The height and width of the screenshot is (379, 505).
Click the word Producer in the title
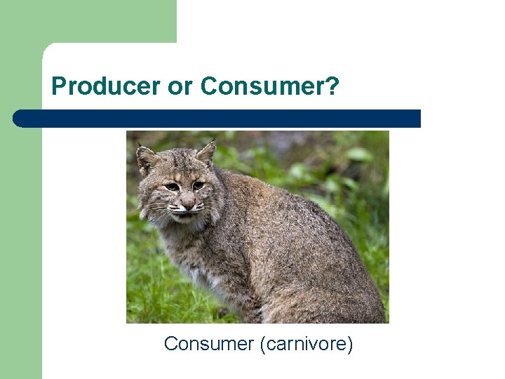[106, 86]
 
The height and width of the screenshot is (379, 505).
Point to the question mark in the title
[332, 86]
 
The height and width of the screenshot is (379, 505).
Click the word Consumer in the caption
[208, 344]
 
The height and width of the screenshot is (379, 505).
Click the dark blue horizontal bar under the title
[224, 119]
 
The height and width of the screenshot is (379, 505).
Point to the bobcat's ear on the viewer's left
[146, 159]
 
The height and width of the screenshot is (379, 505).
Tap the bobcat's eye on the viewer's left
[172, 187]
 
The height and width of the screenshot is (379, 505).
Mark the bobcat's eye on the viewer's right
[198, 185]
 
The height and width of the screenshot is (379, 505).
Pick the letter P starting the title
[59, 86]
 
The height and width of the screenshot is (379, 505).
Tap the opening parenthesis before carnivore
[262, 344]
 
